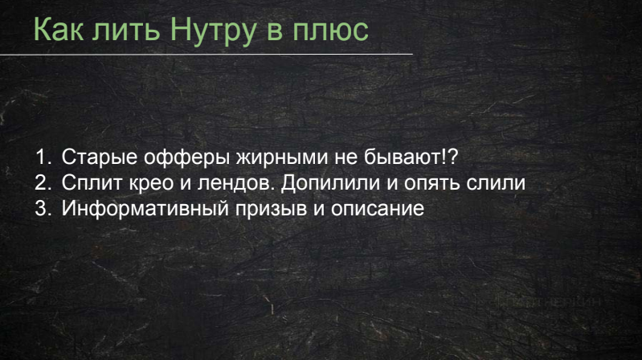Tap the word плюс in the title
[330, 31]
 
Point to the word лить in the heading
[125, 31]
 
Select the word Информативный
[145, 208]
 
